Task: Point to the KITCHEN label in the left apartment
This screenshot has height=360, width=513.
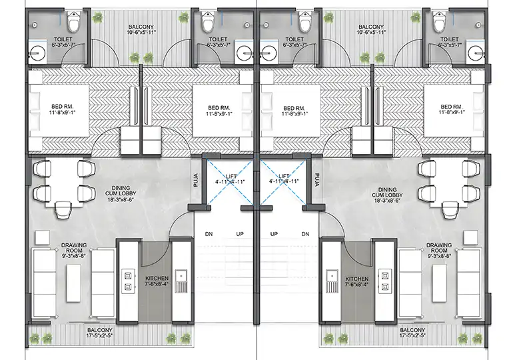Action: click(157, 277)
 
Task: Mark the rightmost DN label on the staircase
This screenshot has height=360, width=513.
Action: click(305, 234)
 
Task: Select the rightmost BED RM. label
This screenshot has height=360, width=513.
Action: click(452, 109)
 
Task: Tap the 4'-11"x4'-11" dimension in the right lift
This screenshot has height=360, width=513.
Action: click(283, 181)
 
